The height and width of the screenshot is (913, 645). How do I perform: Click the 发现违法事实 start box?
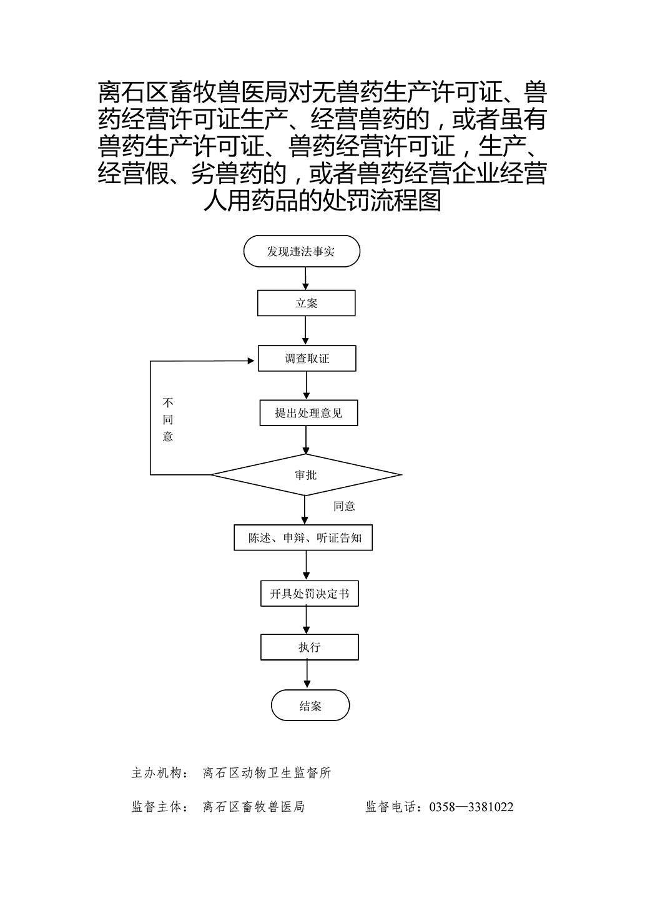302,251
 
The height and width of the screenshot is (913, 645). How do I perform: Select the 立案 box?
306,303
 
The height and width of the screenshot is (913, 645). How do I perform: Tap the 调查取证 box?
307,358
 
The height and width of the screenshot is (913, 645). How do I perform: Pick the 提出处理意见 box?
308,413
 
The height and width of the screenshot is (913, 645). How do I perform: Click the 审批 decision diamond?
306,475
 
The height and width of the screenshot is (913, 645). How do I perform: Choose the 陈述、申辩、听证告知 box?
303,537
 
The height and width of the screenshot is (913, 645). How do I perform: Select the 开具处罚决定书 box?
310,594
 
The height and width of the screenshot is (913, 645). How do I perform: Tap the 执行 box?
310,647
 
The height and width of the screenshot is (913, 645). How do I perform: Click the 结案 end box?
310,705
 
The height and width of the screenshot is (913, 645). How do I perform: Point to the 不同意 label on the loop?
168,420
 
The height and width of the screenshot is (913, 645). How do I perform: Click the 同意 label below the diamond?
344,506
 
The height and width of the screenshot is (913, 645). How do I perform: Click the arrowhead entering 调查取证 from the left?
251,361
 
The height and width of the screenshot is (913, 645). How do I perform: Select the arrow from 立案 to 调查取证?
305,331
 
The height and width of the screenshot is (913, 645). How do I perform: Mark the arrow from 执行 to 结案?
307,675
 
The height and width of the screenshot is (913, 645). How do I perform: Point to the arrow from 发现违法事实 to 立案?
305,279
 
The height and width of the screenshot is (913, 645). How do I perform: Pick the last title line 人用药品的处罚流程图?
322,201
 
